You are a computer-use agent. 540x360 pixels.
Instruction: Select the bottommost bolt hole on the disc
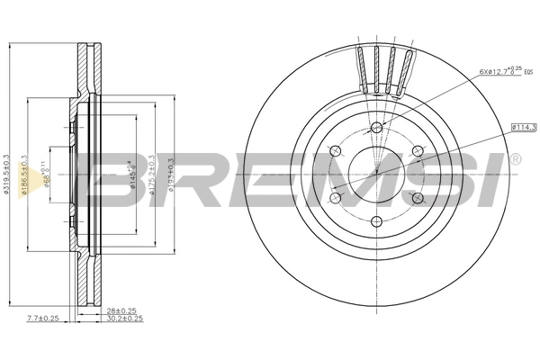coord(377,220)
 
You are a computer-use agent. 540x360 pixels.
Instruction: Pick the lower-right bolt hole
coord(417,196)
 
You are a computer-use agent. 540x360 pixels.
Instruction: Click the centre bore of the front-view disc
coord(377,173)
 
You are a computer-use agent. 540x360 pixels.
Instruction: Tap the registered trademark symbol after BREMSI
coord(514,160)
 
